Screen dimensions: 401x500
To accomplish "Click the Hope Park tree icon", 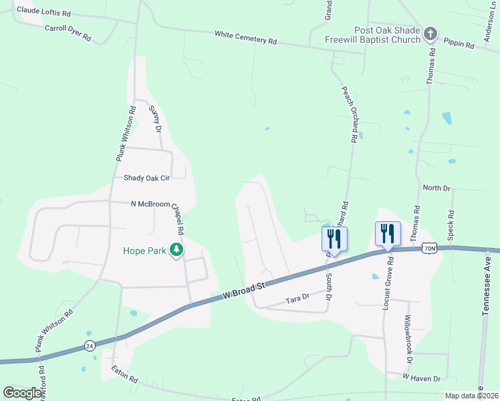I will (176, 250).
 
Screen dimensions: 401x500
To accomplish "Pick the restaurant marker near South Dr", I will (334, 239).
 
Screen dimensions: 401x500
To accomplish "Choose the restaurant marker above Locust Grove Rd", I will (388, 233).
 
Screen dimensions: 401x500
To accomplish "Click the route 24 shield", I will (89, 346).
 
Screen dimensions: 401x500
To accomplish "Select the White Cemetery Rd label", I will (245, 37).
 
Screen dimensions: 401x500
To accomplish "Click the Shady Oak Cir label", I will (147, 178).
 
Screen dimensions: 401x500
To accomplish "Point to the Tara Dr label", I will (297, 297).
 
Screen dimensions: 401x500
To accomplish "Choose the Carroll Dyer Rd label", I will (68, 33).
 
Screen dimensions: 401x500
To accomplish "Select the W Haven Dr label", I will (421, 378).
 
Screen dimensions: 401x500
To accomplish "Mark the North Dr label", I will (437, 188).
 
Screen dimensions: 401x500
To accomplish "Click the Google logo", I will (22, 393).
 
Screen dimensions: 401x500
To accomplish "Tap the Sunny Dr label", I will (156, 118).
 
